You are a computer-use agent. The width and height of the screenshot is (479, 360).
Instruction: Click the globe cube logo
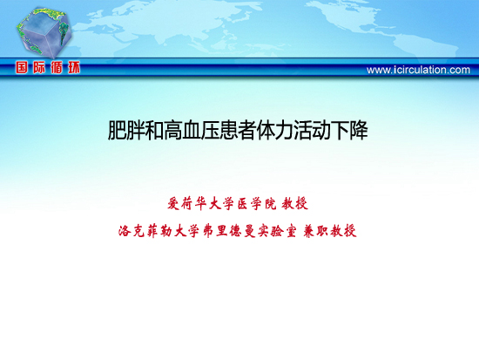tap(44, 32)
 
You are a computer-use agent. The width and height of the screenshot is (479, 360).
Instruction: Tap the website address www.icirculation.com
tap(418, 70)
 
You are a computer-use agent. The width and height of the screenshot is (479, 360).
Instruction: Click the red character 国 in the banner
tap(22, 67)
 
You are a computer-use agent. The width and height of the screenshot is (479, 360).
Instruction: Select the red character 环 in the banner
tap(74, 67)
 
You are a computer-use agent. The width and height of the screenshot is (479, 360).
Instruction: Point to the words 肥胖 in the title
tap(126, 131)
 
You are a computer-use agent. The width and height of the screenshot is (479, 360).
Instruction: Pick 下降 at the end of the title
tap(349, 131)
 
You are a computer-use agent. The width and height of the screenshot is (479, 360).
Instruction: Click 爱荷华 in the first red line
tap(187, 204)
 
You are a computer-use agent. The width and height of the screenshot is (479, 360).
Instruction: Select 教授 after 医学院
tap(295, 204)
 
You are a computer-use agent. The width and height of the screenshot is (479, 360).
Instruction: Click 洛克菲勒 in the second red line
tap(145, 231)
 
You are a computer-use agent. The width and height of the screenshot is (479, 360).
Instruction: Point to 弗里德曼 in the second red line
tap(229, 231)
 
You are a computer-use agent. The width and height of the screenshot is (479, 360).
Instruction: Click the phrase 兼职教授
tap(329, 231)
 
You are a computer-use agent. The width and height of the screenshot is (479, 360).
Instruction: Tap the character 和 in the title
tap(154, 131)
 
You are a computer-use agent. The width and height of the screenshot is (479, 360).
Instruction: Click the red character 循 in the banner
tap(57, 67)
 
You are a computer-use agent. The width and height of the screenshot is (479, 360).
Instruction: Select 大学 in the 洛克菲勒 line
tap(187, 231)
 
